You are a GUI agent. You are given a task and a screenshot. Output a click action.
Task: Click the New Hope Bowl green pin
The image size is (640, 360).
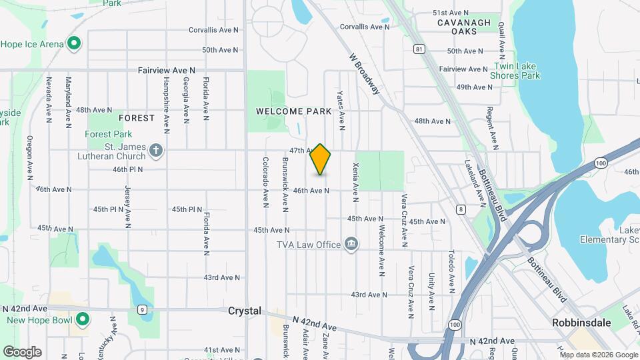tap(83, 319)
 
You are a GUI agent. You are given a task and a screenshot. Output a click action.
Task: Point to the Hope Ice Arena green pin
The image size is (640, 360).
tap(75, 45)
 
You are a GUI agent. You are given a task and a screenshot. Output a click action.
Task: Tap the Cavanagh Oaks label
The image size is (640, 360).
tap(464, 27)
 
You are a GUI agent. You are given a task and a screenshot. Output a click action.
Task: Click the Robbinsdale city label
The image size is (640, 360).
tap(582, 322)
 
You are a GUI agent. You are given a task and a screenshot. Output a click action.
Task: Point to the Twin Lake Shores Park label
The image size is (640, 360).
tap(517, 71)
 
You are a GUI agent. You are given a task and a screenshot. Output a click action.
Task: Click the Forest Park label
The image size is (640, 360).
tap(109, 134)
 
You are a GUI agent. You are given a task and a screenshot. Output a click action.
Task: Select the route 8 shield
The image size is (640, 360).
tap(460, 209)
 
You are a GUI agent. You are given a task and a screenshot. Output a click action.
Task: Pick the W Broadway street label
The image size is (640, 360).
tap(364, 74)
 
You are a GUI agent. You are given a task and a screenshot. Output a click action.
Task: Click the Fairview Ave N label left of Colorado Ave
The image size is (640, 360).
tap(167, 69)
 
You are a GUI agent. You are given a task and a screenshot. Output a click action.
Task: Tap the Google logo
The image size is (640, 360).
tap(22, 351)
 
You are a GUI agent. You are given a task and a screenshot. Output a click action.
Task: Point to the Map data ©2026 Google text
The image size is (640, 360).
tap(598, 355)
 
